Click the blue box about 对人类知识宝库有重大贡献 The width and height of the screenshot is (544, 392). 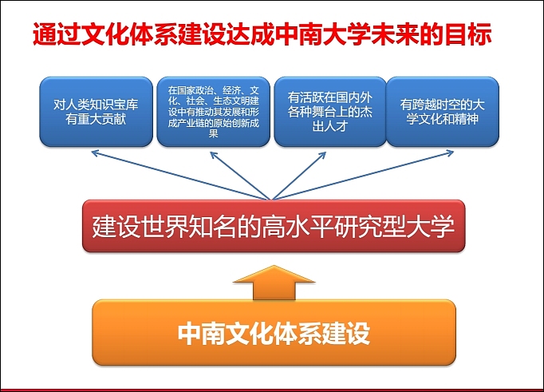[x=97, y=112]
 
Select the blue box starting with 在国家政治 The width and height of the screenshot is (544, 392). [x=212, y=112]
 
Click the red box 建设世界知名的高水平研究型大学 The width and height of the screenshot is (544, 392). [x=274, y=227]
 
